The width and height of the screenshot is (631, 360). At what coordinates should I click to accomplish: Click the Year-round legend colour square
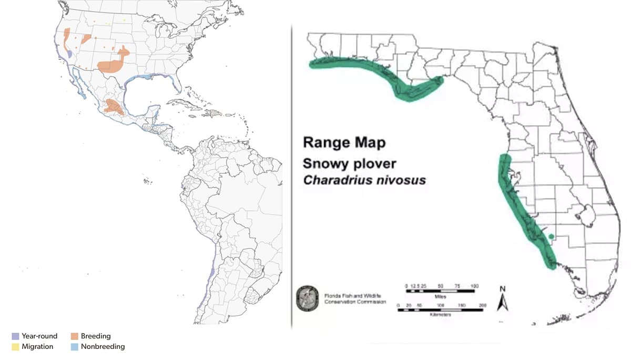click(x=15, y=336)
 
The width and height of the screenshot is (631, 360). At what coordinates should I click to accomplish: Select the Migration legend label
click(x=37, y=346)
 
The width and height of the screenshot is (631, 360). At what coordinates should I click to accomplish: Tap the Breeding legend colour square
click(x=75, y=336)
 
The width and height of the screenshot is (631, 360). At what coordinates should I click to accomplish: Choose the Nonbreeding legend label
click(x=103, y=346)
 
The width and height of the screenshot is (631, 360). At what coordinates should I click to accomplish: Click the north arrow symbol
click(x=502, y=302)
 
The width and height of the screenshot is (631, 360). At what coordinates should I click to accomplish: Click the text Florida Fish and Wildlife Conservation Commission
click(x=355, y=299)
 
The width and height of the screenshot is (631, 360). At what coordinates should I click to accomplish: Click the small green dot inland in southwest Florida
click(x=551, y=237)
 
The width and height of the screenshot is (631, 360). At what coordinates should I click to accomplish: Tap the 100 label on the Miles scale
click(x=474, y=285)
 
